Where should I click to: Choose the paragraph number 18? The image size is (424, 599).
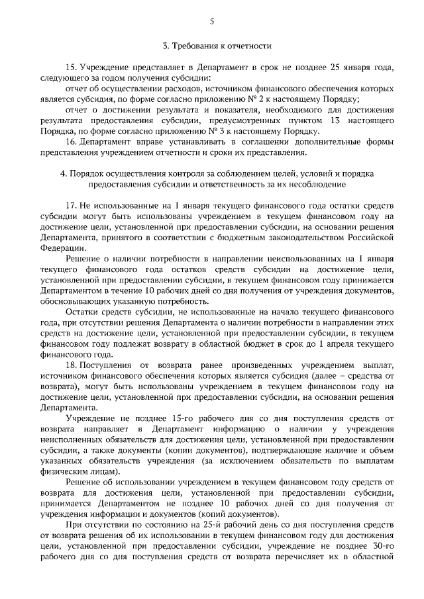[x=72, y=365]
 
